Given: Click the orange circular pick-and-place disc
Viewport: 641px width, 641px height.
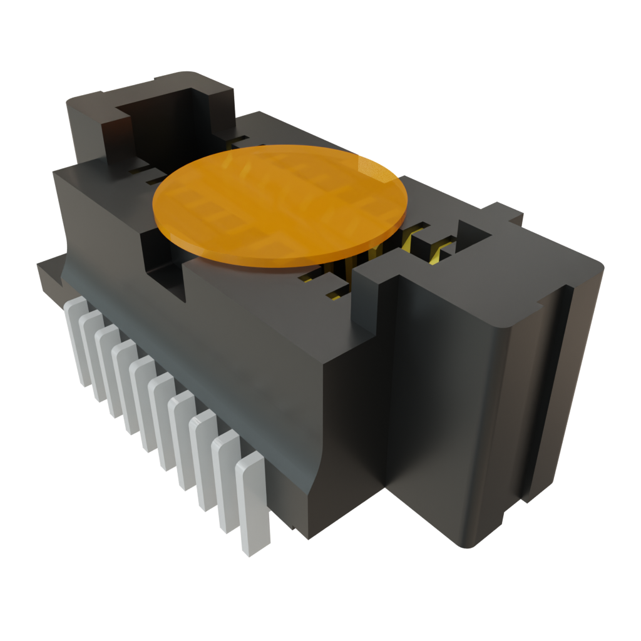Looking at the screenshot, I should coord(280,205).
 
